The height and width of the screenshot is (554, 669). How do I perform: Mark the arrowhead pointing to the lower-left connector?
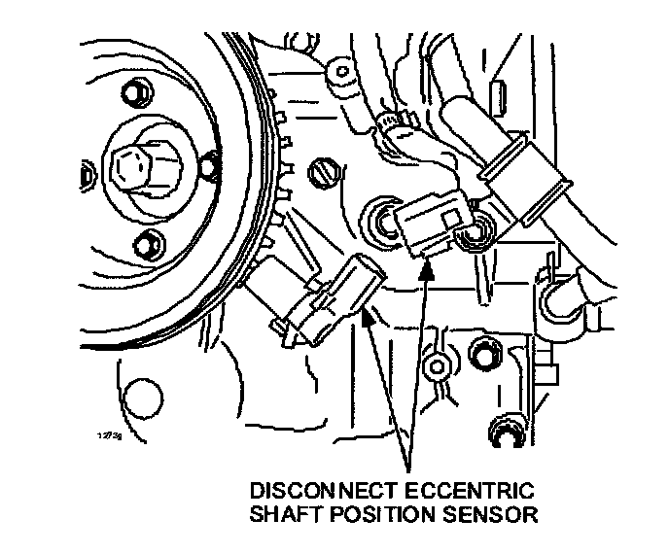(x=368, y=313)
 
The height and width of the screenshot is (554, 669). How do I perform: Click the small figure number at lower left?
(x=109, y=436)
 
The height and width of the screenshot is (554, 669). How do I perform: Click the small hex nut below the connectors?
(x=438, y=364)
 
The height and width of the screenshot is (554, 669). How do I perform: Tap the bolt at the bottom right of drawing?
(x=507, y=434)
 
